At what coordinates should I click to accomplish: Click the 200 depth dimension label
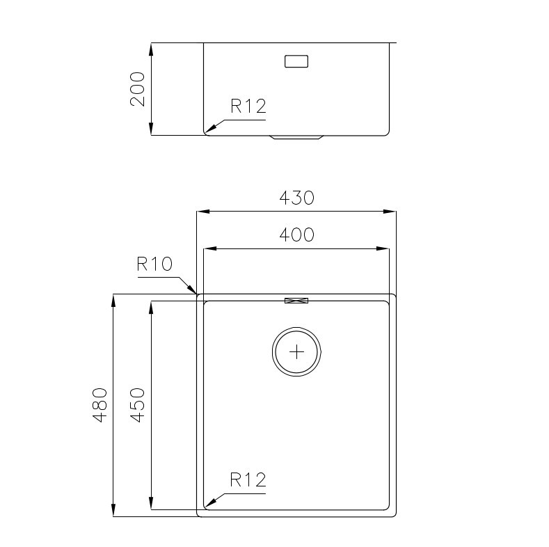coord(137,89)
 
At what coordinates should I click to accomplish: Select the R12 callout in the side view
coord(248,106)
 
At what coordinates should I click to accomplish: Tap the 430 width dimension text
coord(296,198)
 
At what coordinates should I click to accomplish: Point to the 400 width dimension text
coord(296,235)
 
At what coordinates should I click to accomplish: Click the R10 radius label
coord(154,264)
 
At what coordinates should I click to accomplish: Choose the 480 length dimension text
coord(100,405)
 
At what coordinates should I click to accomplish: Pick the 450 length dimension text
coord(137,405)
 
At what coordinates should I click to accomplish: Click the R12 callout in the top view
coord(248,479)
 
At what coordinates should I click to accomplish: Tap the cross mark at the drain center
coord(296,351)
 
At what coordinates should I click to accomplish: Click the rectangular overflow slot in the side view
coord(296,61)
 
